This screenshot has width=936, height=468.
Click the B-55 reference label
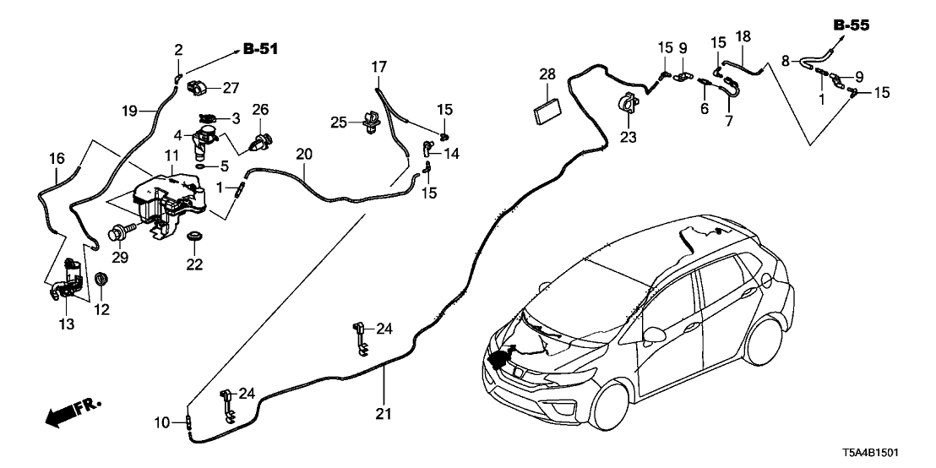coord(851,25)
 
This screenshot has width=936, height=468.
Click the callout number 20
coord(304,155)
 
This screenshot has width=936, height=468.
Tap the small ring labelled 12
coord(101,279)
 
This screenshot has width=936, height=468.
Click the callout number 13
coord(67,323)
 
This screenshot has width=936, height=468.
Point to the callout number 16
coord(56,158)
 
